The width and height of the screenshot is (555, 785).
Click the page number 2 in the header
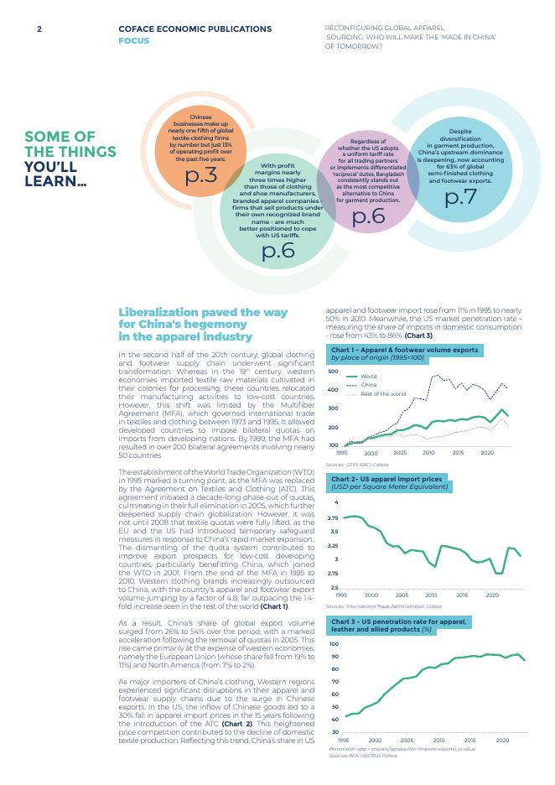point(39,29)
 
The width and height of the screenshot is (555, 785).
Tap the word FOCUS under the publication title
point(134,40)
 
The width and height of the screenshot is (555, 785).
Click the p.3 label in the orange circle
point(200,175)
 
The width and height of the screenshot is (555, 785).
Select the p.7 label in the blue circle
point(460,197)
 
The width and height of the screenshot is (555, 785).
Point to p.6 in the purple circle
point(368,216)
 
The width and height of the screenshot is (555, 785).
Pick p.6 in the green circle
point(277,251)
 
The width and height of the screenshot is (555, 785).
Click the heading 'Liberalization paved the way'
point(202,312)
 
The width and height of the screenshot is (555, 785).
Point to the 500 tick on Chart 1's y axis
point(333,371)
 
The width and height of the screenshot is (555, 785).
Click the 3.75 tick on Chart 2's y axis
point(333,518)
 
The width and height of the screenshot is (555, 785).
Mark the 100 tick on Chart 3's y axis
point(333,642)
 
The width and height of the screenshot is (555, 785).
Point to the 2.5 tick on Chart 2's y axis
point(334,587)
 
